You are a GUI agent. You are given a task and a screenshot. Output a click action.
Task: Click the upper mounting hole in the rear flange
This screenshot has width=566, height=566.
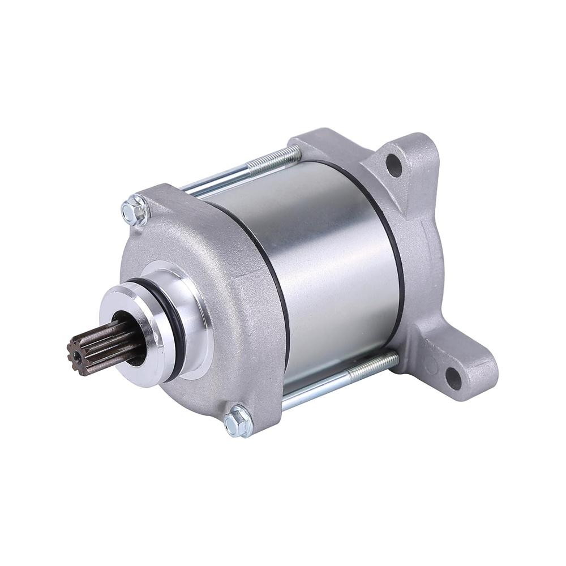(x=394, y=165)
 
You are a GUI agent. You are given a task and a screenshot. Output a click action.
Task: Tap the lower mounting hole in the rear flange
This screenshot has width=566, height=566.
(x=453, y=378)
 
